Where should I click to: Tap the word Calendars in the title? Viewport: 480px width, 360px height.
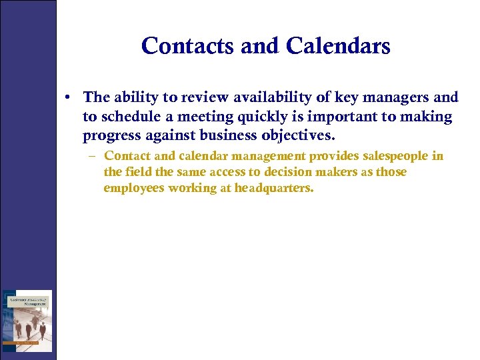click(x=338, y=46)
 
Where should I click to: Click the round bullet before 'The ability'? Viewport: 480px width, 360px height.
click(x=69, y=98)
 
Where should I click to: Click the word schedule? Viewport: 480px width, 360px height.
click(x=129, y=117)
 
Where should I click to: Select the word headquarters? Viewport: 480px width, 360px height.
click(x=273, y=188)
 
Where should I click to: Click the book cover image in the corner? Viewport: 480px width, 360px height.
click(x=27, y=321)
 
